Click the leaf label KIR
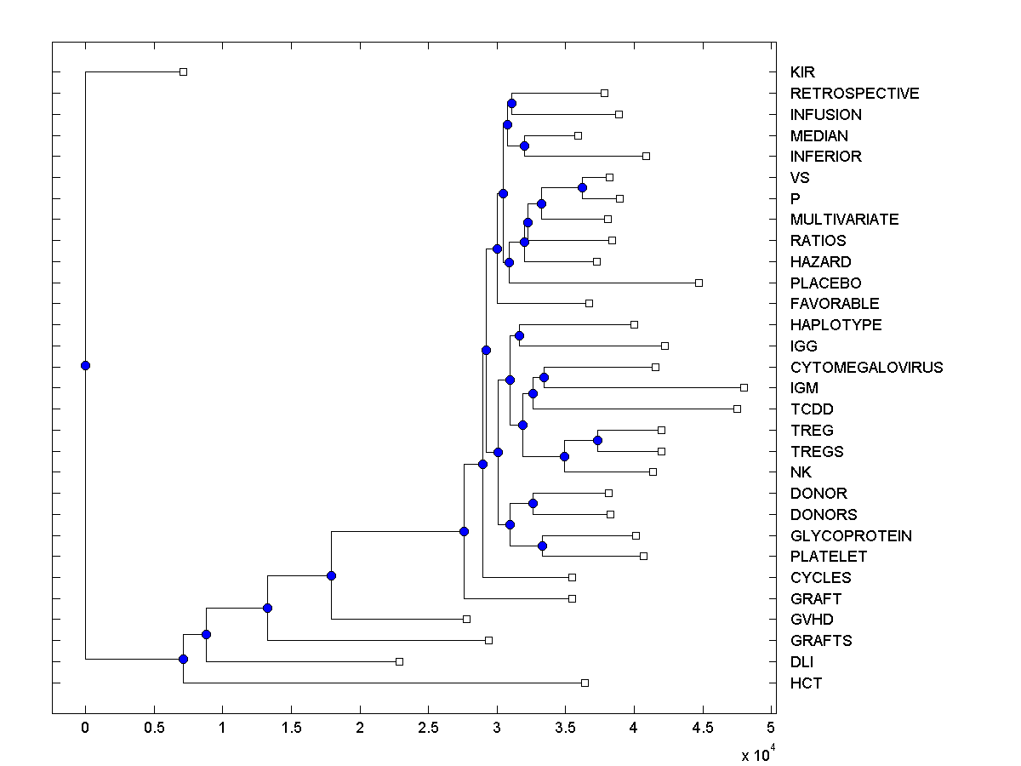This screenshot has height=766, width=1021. click(802, 72)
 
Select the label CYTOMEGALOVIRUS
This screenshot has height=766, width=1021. click(866, 368)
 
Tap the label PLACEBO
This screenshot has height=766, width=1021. click(825, 283)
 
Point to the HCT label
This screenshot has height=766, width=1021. click(806, 683)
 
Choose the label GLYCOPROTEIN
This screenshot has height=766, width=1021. click(851, 536)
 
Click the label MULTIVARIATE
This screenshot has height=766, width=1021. click(844, 220)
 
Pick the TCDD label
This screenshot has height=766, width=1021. click(812, 409)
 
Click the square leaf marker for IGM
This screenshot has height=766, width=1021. click(744, 388)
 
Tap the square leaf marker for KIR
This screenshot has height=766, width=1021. click(183, 72)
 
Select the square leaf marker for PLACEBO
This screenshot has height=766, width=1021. click(699, 283)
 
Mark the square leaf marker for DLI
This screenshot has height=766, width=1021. click(399, 661)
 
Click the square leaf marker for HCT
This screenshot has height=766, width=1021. click(585, 683)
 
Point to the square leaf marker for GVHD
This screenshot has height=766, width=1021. click(466, 620)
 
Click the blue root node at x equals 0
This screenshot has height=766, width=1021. click(85, 366)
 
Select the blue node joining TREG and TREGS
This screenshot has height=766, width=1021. click(597, 440)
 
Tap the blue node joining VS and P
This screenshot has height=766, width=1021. click(582, 187)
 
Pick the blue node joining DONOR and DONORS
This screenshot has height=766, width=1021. click(533, 503)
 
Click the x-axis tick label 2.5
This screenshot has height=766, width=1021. click(428, 728)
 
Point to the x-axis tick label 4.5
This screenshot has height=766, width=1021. click(703, 728)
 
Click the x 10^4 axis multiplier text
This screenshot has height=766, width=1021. click(757, 754)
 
